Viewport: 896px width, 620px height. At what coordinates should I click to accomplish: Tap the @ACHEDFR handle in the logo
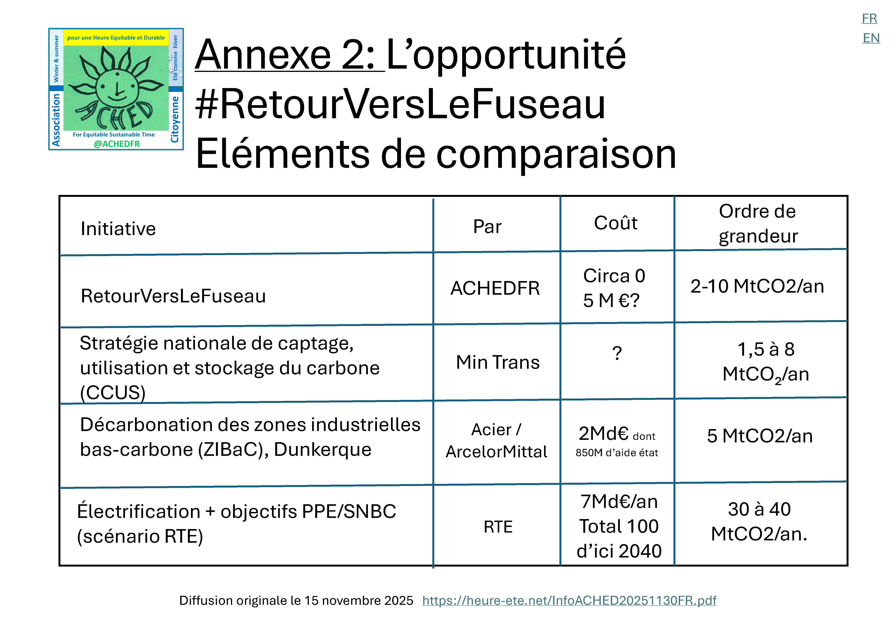pyautogui.click(x=117, y=144)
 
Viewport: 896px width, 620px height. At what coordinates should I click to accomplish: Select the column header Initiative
pyautogui.click(x=118, y=228)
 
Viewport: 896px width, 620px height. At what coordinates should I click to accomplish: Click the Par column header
pyautogui.click(x=487, y=226)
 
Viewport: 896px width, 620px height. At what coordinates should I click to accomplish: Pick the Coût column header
pyautogui.click(x=615, y=223)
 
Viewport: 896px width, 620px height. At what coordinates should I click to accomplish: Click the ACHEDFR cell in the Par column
pyautogui.click(x=495, y=288)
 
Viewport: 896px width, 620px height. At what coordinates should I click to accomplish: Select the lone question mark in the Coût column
pyautogui.click(x=617, y=354)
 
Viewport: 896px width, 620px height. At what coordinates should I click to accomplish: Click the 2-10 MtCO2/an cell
pyautogui.click(x=757, y=286)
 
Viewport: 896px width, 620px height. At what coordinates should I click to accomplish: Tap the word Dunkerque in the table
pyautogui.click(x=323, y=449)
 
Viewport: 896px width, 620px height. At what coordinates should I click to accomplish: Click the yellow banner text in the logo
pyautogui.click(x=116, y=38)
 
